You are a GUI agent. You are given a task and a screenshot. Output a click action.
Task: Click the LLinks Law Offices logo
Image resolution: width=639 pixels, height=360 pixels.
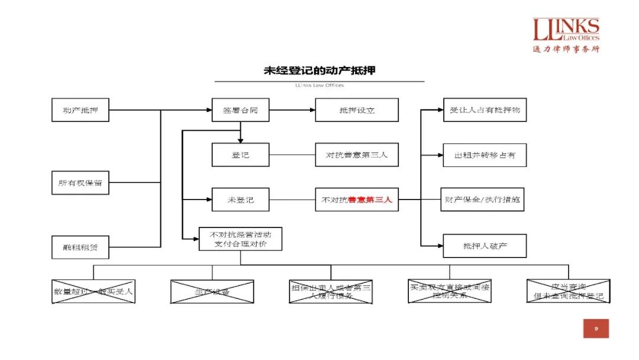(x=566, y=35)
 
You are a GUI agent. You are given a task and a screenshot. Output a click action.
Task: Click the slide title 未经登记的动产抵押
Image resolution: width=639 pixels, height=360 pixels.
(x=319, y=70)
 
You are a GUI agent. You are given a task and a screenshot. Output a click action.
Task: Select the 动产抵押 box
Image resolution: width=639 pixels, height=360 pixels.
(x=80, y=110)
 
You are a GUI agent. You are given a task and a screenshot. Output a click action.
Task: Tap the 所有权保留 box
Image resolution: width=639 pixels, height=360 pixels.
(x=80, y=183)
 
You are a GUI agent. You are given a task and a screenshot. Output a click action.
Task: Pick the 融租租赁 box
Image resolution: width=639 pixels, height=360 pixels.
(x=80, y=247)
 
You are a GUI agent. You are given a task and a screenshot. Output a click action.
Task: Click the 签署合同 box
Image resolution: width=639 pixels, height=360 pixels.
(x=240, y=110)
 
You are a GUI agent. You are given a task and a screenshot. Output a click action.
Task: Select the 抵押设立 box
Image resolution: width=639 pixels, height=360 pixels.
(x=357, y=110)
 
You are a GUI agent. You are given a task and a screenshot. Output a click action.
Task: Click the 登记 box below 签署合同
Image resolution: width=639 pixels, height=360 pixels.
(x=240, y=155)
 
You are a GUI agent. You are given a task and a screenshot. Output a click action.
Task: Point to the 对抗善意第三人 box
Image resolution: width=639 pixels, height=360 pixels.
(x=357, y=155)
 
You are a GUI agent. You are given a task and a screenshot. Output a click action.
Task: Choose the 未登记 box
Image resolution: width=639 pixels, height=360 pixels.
(x=240, y=200)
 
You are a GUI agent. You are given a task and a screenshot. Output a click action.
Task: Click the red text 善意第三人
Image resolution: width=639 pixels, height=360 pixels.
(x=370, y=200)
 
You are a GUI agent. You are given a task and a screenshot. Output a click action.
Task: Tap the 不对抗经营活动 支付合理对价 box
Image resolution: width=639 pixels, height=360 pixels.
(x=240, y=239)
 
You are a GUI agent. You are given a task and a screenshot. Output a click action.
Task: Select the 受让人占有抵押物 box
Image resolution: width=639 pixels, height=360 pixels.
(x=485, y=110)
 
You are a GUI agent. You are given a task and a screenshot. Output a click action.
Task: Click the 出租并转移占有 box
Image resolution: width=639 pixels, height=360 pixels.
(x=485, y=155)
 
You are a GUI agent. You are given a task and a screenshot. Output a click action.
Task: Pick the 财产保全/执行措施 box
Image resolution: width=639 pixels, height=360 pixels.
(x=483, y=200)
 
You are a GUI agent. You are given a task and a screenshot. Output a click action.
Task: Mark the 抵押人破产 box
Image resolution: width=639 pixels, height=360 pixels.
(x=485, y=246)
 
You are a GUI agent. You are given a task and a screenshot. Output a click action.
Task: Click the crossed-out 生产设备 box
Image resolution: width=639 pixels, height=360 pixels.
(x=212, y=292)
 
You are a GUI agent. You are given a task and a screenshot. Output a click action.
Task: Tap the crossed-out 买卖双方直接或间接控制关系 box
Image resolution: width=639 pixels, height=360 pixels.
(x=450, y=291)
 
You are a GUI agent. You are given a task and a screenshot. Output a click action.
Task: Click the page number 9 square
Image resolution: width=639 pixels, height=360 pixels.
(x=596, y=329)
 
